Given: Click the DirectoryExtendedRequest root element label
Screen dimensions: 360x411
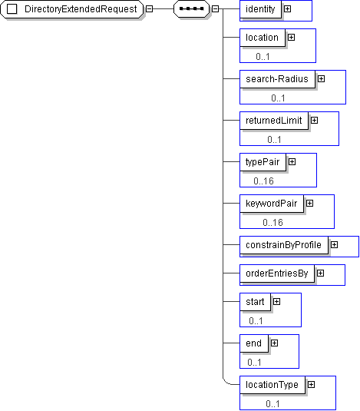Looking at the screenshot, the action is click(x=81, y=9).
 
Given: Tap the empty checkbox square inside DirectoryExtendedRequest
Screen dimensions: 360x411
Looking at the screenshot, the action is click(x=12, y=9).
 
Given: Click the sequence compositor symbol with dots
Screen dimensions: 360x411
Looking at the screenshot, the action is click(x=191, y=9).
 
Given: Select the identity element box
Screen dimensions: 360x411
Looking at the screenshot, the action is click(x=260, y=9).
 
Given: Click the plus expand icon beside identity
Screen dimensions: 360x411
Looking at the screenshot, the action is click(x=288, y=9).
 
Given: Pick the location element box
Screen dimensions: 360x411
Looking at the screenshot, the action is click(x=263, y=38).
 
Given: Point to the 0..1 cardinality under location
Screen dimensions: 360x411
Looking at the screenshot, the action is click(x=263, y=57).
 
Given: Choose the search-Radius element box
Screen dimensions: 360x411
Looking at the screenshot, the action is click(x=277, y=79).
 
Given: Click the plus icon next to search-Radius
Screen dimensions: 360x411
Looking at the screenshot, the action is click(x=322, y=79).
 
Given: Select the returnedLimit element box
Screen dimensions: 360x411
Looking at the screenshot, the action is click(x=274, y=121).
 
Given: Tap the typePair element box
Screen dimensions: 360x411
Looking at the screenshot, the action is click(x=263, y=162).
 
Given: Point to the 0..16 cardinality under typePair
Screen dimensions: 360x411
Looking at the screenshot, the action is click(x=263, y=181).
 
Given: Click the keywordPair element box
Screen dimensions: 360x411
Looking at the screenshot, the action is click(x=272, y=204).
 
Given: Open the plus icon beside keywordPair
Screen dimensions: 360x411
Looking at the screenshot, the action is click(x=310, y=203).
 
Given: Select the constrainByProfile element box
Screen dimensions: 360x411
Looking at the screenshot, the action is click(x=284, y=245).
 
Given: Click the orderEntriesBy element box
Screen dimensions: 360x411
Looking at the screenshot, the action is click(x=277, y=273).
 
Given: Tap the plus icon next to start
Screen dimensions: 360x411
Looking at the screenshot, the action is click(x=277, y=302).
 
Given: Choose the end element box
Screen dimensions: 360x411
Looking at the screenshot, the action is click(x=254, y=343).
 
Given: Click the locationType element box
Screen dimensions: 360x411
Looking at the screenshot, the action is click(x=272, y=385).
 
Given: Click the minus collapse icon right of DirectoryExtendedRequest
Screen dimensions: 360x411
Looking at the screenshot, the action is click(x=149, y=9).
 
